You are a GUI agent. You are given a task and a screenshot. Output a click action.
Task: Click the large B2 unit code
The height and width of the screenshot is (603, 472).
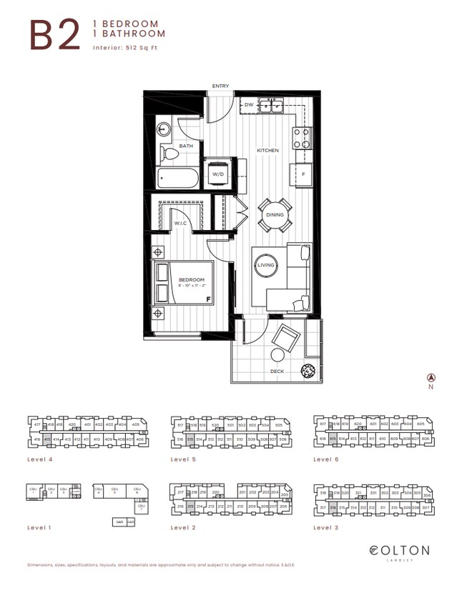coord(54,34)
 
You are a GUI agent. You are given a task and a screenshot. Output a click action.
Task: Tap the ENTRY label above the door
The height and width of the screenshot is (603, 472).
coord(221,86)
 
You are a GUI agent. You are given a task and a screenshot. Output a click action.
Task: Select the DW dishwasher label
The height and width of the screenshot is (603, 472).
coord(249,105)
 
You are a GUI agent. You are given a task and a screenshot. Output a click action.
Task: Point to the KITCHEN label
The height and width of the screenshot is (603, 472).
coord(268,151)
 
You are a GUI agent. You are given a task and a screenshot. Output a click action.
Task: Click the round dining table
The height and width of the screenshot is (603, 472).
coord(275,215)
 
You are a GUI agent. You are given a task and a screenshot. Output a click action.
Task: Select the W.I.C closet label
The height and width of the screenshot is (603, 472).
coord(180,223)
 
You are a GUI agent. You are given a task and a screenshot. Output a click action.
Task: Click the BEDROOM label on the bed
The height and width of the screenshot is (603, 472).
coord(191,280)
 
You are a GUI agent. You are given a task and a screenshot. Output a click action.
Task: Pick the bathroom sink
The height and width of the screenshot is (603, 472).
coord(164,129)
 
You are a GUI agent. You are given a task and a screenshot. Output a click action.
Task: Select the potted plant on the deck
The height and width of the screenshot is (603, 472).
coord(308,370)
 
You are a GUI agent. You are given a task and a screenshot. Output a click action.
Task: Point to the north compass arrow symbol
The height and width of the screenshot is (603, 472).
coord(431,377)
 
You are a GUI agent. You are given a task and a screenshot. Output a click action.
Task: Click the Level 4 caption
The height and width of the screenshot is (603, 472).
coord(40,459)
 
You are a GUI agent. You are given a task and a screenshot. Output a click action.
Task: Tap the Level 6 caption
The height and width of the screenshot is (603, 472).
coord(327,459)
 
